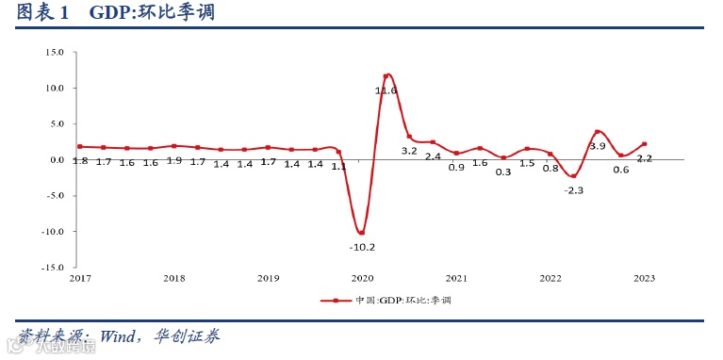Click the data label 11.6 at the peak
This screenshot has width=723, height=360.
(x=386, y=90)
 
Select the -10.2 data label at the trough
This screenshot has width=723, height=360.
(x=362, y=247)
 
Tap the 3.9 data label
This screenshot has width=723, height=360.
(x=597, y=146)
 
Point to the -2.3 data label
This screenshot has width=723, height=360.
(x=573, y=190)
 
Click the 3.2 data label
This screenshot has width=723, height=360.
(x=409, y=151)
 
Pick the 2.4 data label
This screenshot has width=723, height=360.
(x=433, y=156)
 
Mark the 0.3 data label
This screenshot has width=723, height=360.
(x=503, y=172)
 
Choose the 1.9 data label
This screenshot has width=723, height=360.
(x=173, y=161)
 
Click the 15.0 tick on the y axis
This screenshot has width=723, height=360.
(x=54, y=53)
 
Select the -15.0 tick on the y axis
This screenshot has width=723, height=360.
(x=52, y=268)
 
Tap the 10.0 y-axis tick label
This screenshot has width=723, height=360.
(x=54, y=89)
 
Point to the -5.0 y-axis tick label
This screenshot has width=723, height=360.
(x=54, y=196)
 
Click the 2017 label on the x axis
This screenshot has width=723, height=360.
(x=80, y=279)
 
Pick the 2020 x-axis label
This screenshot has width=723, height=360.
(x=362, y=279)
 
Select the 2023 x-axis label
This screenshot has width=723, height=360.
(x=644, y=279)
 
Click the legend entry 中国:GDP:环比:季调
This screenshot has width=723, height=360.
(x=396, y=300)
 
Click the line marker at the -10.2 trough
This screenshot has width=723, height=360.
(x=362, y=232)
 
